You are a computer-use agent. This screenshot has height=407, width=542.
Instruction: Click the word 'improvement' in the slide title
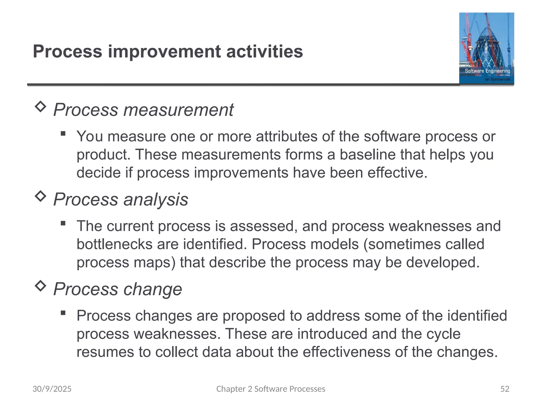[x=164, y=51]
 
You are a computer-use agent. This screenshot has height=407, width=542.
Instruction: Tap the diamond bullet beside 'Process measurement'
[x=40, y=107]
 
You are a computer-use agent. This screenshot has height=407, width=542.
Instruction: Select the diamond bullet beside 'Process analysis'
[x=40, y=196]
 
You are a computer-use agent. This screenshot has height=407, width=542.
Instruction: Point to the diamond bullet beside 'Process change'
[x=40, y=286]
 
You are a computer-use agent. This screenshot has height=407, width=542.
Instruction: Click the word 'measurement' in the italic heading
[x=179, y=110]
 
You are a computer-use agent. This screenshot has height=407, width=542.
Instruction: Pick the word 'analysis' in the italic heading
[x=156, y=199]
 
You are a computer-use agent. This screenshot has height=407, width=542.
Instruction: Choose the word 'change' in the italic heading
[x=153, y=289]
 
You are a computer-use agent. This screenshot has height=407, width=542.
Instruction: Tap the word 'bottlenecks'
[x=114, y=244]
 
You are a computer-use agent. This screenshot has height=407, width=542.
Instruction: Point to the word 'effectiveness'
[x=346, y=352]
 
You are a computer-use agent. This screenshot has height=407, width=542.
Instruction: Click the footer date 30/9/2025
[x=52, y=389]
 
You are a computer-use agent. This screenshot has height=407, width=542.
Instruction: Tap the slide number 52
[x=505, y=389]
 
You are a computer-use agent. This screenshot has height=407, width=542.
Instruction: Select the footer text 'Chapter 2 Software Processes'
[x=271, y=389]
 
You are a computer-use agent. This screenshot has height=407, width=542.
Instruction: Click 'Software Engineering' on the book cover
[x=487, y=71]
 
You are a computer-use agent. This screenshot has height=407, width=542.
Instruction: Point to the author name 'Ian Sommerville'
[x=497, y=79]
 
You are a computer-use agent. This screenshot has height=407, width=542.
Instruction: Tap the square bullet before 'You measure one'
[x=63, y=134]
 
